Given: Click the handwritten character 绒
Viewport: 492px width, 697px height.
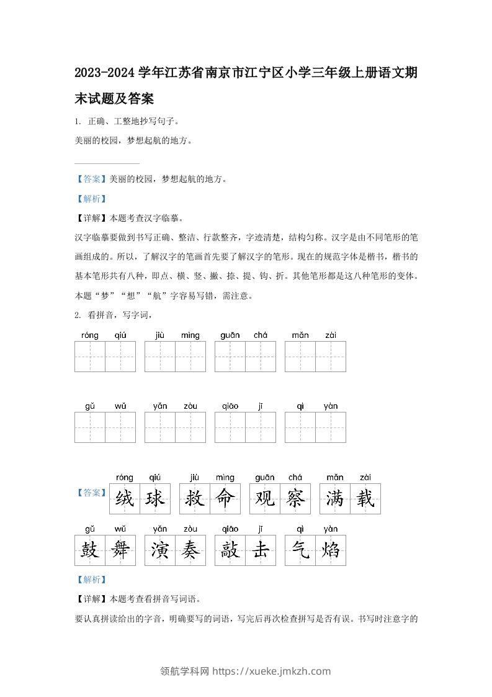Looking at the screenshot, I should (x=125, y=499).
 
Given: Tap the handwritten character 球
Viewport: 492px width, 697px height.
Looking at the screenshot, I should (x=155, y=499).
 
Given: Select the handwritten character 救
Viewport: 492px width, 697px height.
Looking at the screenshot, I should (x=195, y=499).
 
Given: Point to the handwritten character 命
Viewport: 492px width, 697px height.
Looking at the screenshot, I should (x=225, y=499).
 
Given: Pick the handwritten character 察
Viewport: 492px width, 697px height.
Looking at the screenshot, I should (x=295, y=499).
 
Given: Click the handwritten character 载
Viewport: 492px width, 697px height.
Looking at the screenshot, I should (x=365, y=499).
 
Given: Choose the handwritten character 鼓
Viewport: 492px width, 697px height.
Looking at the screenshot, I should (x=89, y=550).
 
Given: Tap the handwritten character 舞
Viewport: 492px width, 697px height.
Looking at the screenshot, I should (x=120, y=550).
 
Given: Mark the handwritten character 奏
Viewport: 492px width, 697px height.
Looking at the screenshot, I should (x=190, y=550).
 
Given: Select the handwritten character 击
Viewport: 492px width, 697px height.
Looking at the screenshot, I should (x=261, y=550).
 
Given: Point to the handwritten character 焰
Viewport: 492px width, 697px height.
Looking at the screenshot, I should (x=331, y=550).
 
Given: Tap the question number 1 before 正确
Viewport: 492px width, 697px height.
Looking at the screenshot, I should (x=76, y=122).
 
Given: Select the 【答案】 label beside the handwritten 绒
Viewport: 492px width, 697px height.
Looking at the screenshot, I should (x=91, y=493).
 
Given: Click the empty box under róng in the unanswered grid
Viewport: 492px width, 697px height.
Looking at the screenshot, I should (x=89, y=357).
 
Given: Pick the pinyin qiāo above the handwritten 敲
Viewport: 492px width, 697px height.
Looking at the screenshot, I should (x=230, y=529).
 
